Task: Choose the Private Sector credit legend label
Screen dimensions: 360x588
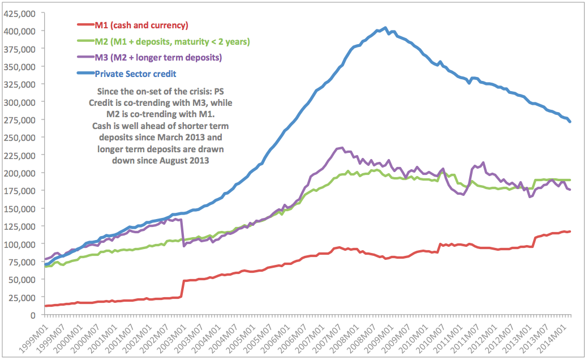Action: pyautogui.click(x=135, y=74)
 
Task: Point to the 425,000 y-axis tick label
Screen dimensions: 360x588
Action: pyautogui.click(x=20, y=13)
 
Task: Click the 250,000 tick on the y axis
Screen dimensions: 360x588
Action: pyautogui.click(x=20, y=138)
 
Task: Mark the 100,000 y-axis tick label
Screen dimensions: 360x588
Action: pyautogui.click(x=20, y=244)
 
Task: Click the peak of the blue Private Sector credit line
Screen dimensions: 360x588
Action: pyautogui.click(x=385, y=28)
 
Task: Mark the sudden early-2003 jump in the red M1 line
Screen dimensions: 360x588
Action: pyautogui.click(x=182, y=289)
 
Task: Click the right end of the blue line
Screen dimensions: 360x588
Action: pyautogui.click(x=569, y=121)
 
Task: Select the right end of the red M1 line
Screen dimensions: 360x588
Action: pyautogui.click(x=569, y=231)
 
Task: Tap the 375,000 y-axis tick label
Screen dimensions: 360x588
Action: pyautogui.click(x=20, y=49)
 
